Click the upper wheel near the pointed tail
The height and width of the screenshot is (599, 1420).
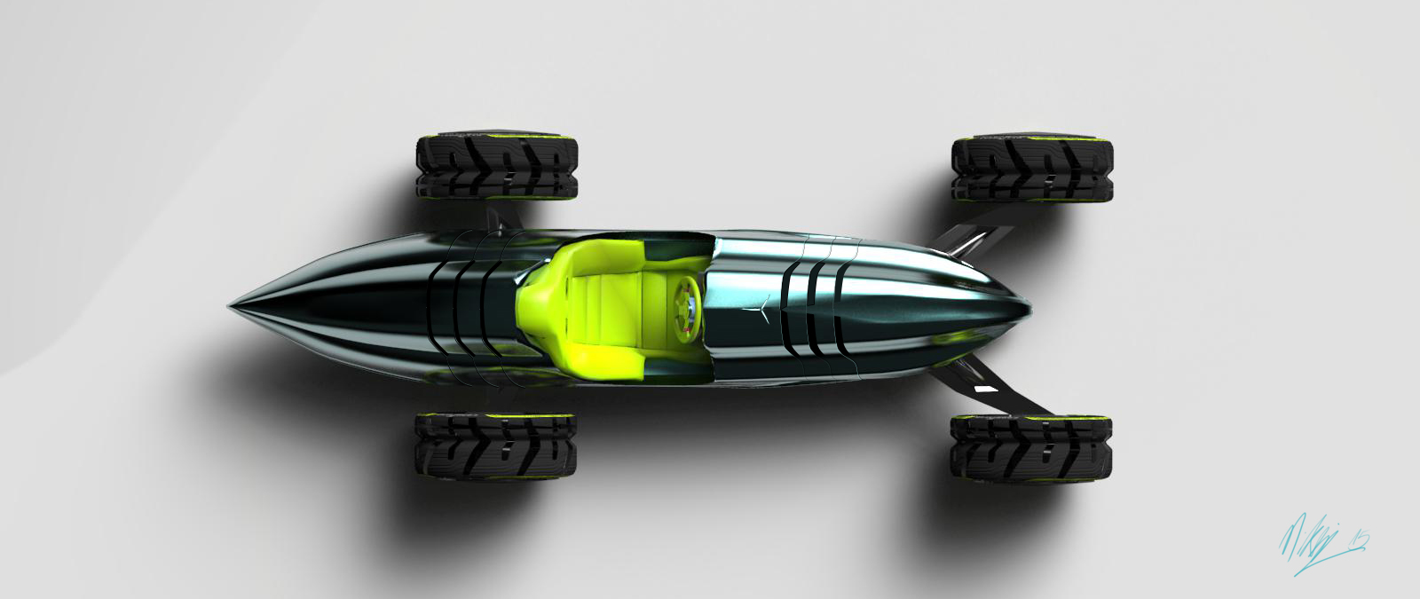(x=496, y=169)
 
